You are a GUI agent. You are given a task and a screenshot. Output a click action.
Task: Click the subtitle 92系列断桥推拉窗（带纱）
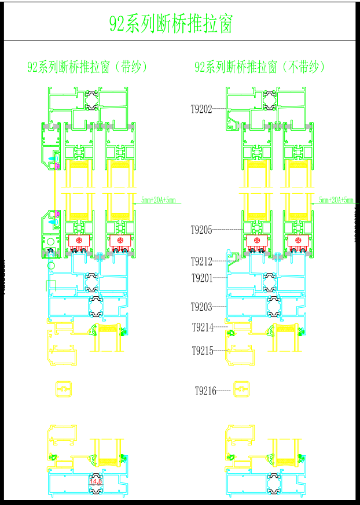pos(88,67)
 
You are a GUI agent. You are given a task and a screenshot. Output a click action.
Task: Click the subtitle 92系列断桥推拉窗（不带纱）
pos(260,67)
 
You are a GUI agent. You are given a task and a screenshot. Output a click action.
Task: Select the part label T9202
pos(202,108)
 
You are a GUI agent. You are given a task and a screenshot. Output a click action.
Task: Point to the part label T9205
pos(202,230)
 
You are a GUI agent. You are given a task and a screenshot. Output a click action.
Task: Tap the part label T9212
pos(202,261)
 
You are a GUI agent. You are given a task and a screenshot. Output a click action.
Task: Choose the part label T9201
pos(202,278)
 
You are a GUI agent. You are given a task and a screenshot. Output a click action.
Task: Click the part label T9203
pos(202,307)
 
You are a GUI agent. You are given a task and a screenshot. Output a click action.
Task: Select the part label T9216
pos(205,392)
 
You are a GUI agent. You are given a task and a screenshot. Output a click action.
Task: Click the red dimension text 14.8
pos(95,481)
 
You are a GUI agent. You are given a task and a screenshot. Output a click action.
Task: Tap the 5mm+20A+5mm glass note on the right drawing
pos(336,200)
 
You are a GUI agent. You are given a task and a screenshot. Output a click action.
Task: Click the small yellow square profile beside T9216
pos(240,389)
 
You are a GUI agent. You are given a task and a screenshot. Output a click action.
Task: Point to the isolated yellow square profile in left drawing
pos(62,389)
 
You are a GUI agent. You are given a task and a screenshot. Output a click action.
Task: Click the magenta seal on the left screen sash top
pos(58,166)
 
